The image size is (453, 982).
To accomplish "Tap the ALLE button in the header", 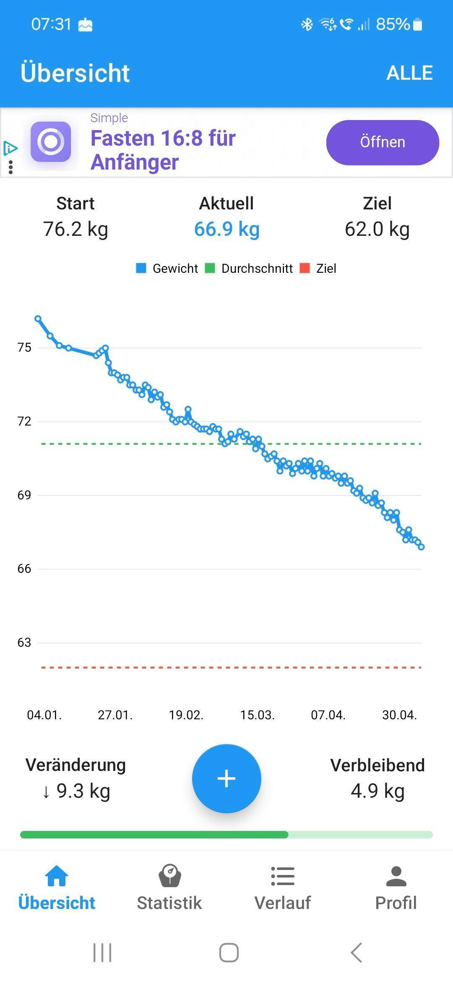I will pyautogui.click(x=409, y=73).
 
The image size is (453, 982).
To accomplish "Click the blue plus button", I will pyautogui.click(x=226, y=778).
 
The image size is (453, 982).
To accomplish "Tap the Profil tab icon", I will pyautogui.click(x=396, y=876).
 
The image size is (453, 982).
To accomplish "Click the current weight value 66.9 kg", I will pyautogui.click(x=227, y=229).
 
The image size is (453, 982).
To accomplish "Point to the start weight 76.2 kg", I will pyautogui.click(x=75, y=229).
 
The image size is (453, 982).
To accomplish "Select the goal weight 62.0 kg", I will pyautogui.click(x=377, y=229).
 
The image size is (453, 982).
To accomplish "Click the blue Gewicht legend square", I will pyautogui.click(x=141, y=268).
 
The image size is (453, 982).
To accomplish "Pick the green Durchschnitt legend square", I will pyautogui.click(x=210, y=268).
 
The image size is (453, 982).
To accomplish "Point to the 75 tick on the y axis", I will pyautogui.click(x=24, y=347).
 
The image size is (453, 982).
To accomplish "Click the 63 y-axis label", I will pyautogui.click(x=24, y=642).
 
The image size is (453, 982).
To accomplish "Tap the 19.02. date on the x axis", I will pyautogui.click(x=186, y=715).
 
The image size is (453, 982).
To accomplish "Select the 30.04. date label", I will pyautogui.click(x=399, y=715).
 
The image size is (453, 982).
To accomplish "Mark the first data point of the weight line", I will pyautogui.click(x=38, y=319).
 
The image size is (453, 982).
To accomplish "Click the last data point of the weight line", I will pyautogui.click(x=421, y=547).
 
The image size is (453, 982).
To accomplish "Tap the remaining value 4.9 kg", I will pyautogui.click(x=377, y=791).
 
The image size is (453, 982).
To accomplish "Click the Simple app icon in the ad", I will pyautogui.click(x=51, y=142).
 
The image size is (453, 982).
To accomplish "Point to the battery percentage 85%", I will pyautogui.click(x=393, y=24).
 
